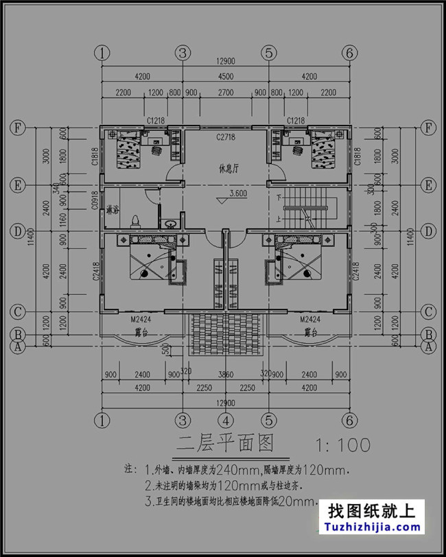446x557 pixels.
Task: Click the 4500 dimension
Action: tap(225, 77)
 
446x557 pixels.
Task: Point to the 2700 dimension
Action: tap(225, 92)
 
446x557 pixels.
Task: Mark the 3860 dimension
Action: tap(225, 375)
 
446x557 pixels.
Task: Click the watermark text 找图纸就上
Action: tap(371, 511)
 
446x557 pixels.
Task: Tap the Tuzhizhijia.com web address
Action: tap(375, 528)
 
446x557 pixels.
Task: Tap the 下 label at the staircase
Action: tap(278, 198)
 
